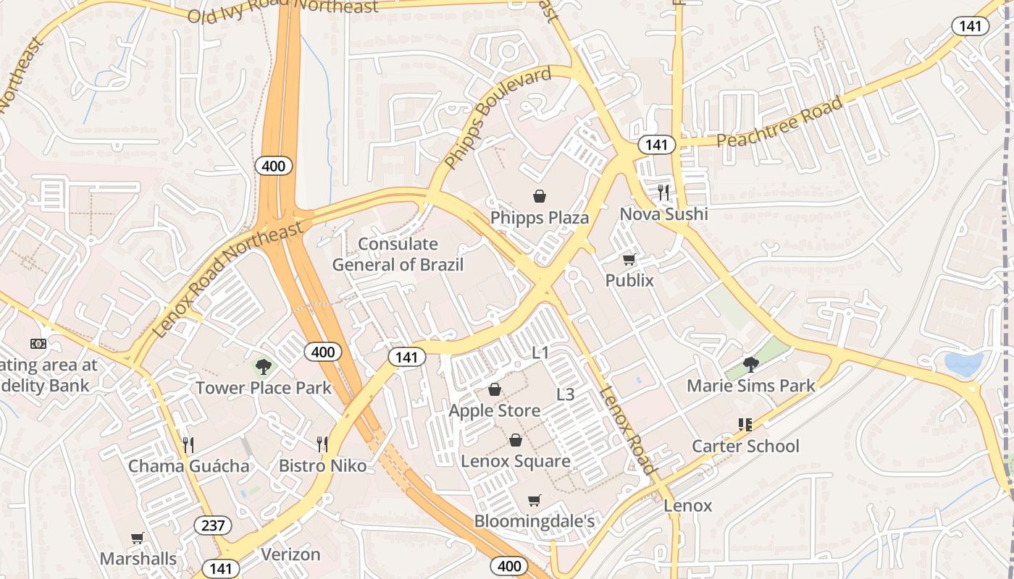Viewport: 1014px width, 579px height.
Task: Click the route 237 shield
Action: (213, 525)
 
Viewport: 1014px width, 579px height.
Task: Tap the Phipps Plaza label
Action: (540, 218)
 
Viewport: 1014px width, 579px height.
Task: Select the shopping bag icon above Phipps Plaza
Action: (540, 196)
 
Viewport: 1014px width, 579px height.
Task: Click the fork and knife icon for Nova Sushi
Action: (663, 192)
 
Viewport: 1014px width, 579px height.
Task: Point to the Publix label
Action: (629, 280)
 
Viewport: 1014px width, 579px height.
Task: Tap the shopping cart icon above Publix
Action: (629, 259)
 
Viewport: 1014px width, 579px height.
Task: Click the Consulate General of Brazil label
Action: (398, 254)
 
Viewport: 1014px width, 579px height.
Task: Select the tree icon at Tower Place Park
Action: (264, 367)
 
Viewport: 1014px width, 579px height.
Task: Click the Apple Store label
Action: (495, 410)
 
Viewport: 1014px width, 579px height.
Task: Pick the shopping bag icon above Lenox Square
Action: (516, 440)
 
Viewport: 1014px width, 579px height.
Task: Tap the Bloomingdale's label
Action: (535, 521)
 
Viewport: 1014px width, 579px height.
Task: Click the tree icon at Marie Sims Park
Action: (751, 364)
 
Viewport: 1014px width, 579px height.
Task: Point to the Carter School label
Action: (745, 446)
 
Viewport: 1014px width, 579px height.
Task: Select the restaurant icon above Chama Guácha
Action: (188, 444)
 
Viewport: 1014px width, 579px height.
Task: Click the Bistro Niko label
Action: (323, 465)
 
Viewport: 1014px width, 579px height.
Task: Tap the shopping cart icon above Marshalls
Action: (138, 538)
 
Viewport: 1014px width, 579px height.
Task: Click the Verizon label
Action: (290, 554)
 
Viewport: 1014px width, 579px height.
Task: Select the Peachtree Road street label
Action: (780, 122)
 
